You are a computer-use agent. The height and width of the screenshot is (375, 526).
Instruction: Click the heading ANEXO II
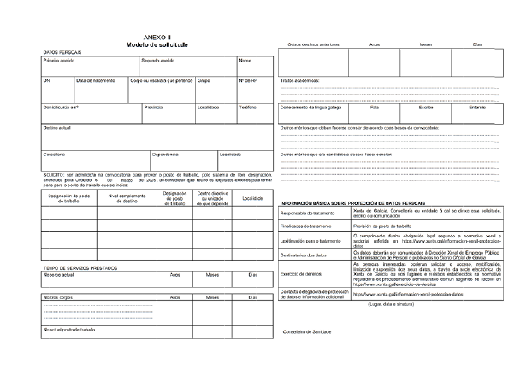pyautogui.click(x=157, y=38)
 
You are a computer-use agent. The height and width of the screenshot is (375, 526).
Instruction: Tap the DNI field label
pyautogui.click(x=47, y=81)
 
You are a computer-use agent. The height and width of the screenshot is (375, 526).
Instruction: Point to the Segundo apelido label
pyautogui.click(x=157, y=62)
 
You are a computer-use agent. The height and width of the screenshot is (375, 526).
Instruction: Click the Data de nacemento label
pyautogui.click(x=96, y=81)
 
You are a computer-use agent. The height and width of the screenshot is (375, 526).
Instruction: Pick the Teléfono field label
pyautogui.click(x=247, y=108)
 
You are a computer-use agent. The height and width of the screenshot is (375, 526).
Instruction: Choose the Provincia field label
pyautogui.click(x=154, y=108)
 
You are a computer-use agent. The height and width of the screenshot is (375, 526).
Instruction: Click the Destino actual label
pyautogui.click(x=57, y=128)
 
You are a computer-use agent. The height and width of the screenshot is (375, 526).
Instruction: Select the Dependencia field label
pyautogui.click(x=165, y=155)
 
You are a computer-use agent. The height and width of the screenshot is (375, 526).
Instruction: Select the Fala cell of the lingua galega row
pyautogui.click(x=375, y=108)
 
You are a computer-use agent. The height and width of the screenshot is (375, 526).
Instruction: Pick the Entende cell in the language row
pyautogui.click(x=477, y=108)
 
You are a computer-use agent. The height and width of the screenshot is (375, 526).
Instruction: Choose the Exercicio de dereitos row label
pyautogui.click(x=301, y=274)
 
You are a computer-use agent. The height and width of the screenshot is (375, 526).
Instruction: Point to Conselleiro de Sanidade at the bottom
pyautogui.click(x=307, y=331)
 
